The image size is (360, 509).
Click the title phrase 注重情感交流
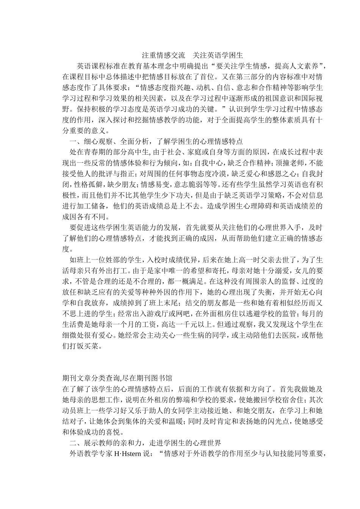click(x=164, y=55)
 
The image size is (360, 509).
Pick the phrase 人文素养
click(x=306, y=66)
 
